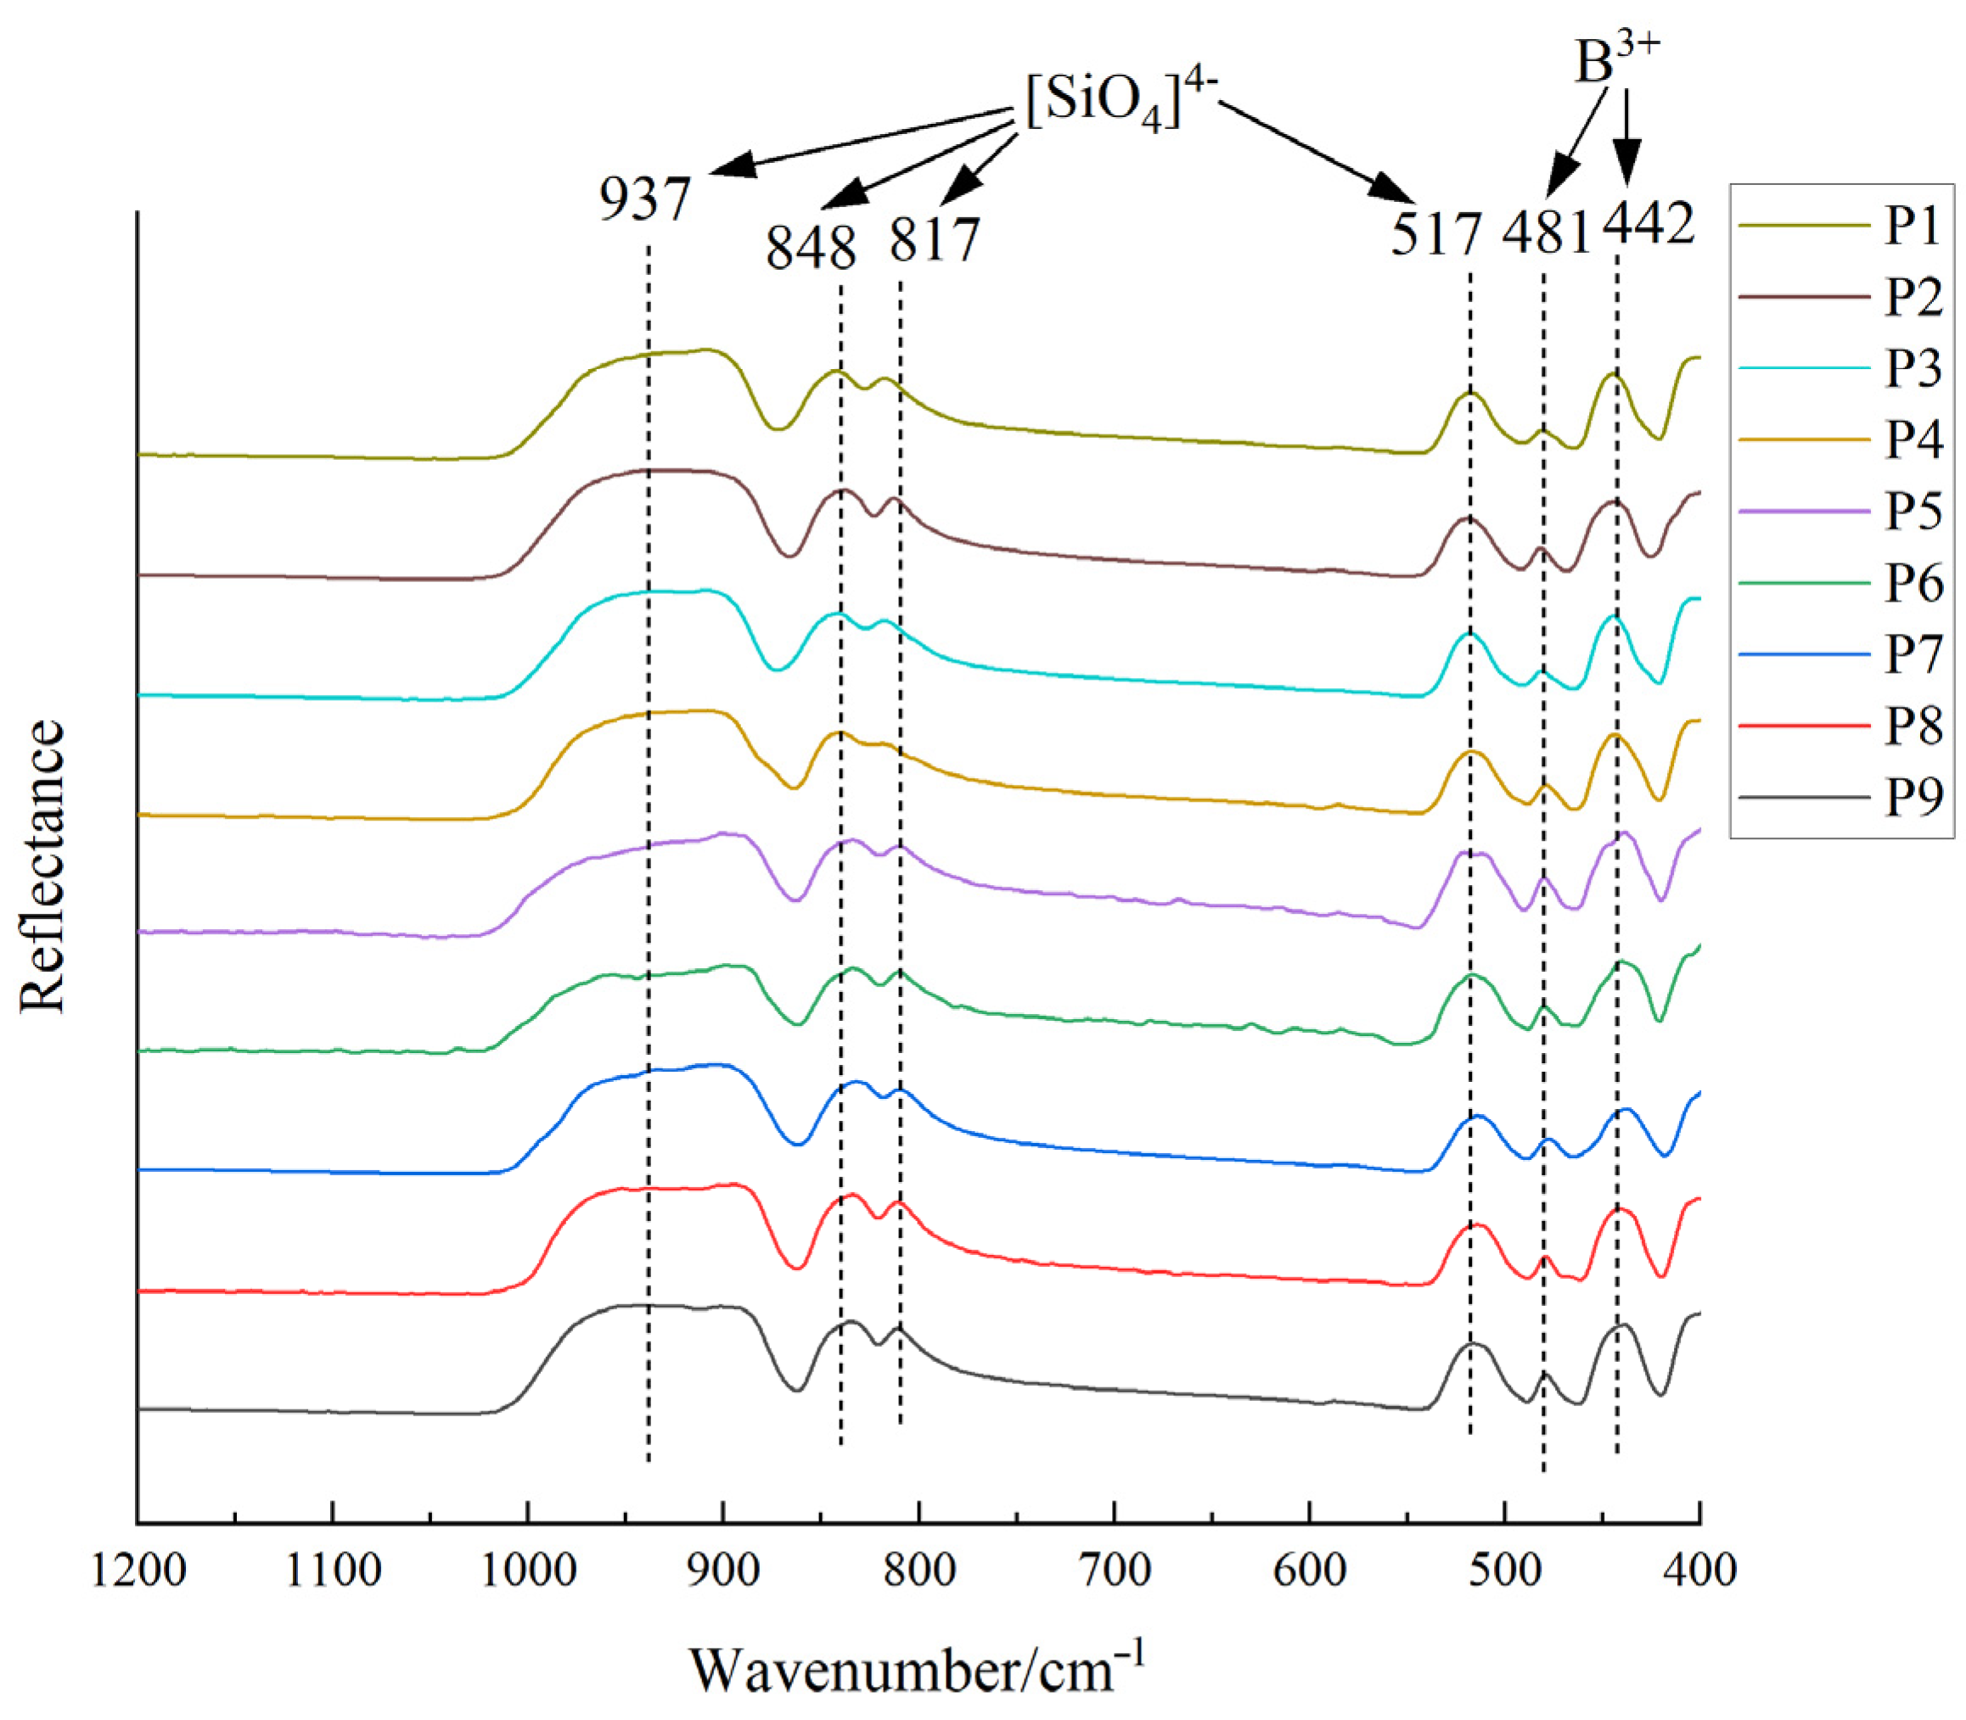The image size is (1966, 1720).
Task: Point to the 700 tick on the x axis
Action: pyautogui.click(x=1115, y=1572)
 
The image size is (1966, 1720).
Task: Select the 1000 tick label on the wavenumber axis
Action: pyautogui.click(x=528, y=1572)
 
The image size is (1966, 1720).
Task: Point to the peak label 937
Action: pyautogui.click(x=645, y=200)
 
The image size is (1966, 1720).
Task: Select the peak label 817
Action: pyautogui.click(x=934, y=239)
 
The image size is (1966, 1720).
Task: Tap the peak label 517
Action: pyautogui.click(x=1437, y=233)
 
